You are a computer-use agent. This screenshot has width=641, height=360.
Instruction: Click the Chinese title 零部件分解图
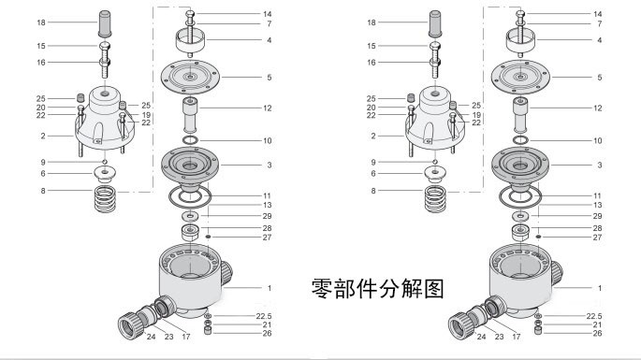point(377,289)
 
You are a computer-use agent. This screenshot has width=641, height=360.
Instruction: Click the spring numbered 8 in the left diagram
point(105,198)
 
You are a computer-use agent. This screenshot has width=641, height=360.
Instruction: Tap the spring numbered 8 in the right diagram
point(435,198)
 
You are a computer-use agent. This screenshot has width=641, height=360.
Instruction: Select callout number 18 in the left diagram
point(41,22)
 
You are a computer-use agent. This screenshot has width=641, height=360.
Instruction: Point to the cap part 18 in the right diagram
point(435,23)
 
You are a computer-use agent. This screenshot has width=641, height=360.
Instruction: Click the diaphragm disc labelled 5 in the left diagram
point(190,77)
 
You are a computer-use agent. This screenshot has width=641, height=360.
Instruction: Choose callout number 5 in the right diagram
point(599,78)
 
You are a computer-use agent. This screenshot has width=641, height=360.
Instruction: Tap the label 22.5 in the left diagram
point(264,316)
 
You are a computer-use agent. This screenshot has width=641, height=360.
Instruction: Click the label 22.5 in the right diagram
point(594,316)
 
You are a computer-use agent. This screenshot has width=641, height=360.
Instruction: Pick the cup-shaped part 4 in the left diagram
point(190,41)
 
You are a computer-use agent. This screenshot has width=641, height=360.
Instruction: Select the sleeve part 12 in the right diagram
point(520,115)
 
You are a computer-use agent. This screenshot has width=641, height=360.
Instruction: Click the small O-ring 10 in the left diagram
point(190,140)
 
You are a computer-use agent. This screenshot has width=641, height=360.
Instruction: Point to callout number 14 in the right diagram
point(598,14)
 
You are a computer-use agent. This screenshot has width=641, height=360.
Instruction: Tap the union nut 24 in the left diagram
point(131,325)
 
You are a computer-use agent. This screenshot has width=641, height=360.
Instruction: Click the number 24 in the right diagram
point(482,337)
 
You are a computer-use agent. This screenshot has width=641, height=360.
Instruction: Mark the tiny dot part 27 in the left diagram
point(208,237)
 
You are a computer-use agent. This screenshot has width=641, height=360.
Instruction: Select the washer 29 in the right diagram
point(520,215)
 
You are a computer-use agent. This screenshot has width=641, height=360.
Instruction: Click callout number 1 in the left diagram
point(270,288)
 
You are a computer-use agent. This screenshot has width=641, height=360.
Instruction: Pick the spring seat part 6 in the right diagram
point(435,175)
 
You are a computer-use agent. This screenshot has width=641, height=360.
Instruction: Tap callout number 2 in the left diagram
point(43,137)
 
